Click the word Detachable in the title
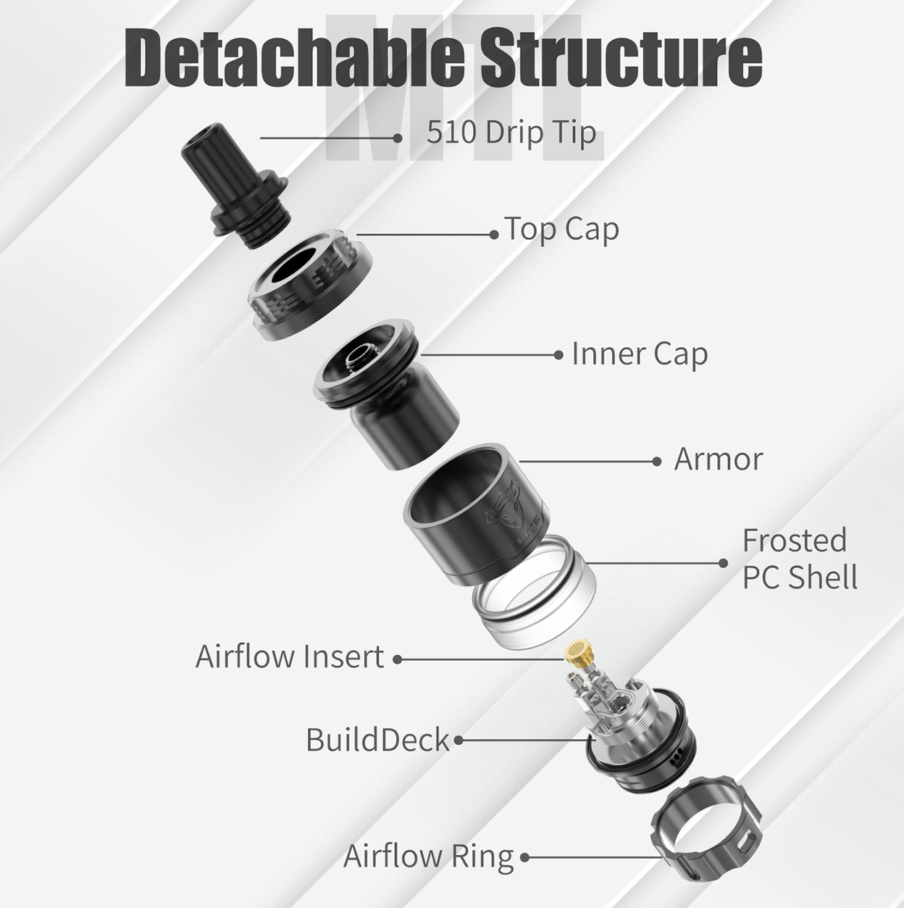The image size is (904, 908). click(294, 59)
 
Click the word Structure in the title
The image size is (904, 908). click(621, 59)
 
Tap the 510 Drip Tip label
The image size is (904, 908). click(511, 133)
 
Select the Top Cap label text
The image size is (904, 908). click(561, 230)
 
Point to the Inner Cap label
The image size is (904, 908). click(640, 354)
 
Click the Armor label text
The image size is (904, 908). click(718, 459)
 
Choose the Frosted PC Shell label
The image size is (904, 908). click(800, 559)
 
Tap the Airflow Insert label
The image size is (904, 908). click(290, 657)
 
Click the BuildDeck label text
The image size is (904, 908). click(378, 740)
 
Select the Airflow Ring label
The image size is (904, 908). click(428, 856)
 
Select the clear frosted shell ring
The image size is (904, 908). click(534, 594)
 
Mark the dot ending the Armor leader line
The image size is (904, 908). click(657, 462)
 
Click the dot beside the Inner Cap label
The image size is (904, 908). click(558, 355)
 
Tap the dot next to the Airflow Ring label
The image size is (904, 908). click(524, 857)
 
